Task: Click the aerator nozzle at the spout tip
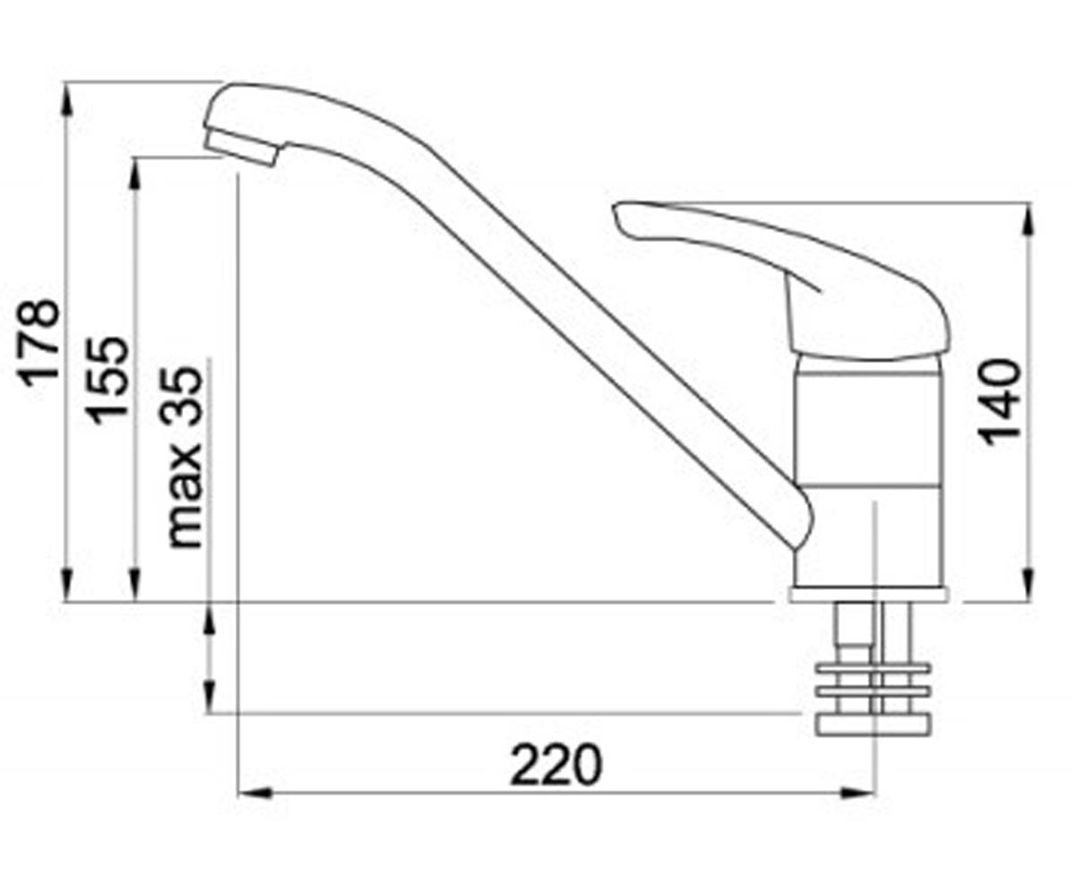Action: pos(241,146)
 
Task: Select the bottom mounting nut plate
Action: pos(873,725)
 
